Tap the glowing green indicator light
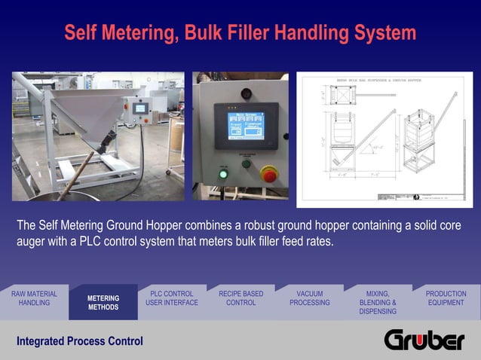(223, 175)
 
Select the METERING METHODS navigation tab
(103, 303)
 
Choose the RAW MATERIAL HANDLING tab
(34, 298)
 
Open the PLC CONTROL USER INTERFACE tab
(172, 298)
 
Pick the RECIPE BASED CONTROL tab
(240, 298)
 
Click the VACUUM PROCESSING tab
(309, 298)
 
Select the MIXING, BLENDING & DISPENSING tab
(378, 302)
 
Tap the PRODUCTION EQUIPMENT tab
(446, 298)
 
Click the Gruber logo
(424, 340)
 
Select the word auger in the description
(33, 242)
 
